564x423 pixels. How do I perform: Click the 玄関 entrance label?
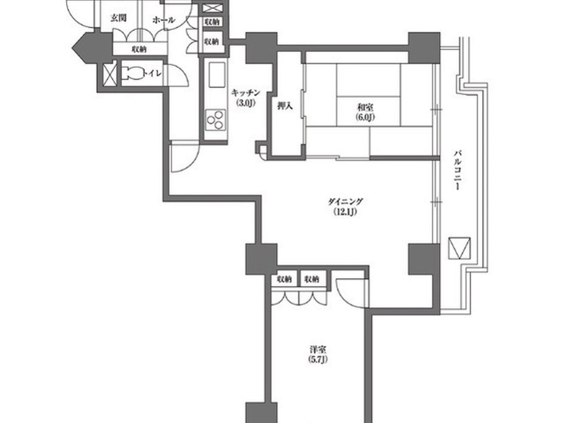click(x=119, y=18)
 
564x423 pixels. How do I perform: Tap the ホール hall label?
click(x=164, y=20)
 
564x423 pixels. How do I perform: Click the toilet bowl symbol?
click(x=132, y=73)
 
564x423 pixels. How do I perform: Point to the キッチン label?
click(x=245, y=93)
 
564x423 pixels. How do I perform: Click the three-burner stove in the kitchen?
click(x=215, y=120)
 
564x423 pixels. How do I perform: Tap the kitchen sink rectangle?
click(x=217, y=74)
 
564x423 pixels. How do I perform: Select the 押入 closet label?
click(x=285, y=106)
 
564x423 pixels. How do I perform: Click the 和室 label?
click(x=365, y=107)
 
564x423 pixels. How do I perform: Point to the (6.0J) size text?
click(x=365, y=117)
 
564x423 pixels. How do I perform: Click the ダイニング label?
click(x=345, y=202)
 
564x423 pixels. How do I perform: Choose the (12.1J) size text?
click(x=345, y=211)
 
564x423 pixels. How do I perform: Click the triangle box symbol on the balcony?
click(x=460, y=248)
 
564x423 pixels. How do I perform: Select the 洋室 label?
click(x=318, y=349)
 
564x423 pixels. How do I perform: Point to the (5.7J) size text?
click(x=318, y=360)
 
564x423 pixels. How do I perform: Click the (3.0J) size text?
click(x=245, y=103)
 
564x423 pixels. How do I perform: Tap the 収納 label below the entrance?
click(x=139, y=49)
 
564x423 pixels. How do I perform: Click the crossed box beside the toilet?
click(x=110, y=75)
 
